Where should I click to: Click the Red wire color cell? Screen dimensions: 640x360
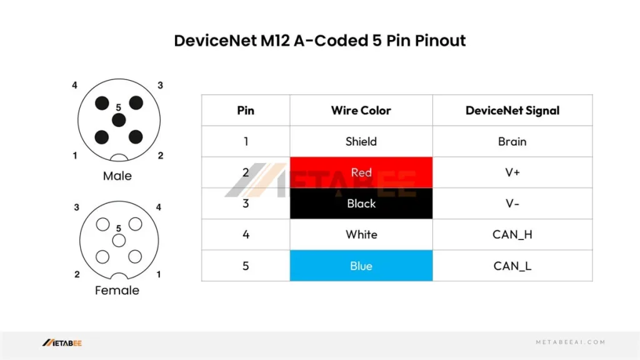[x=361, y=172]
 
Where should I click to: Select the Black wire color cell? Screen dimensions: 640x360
[x=361, y=203]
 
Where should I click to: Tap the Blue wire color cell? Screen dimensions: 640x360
[x=361, y=266]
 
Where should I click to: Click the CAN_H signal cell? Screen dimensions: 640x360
[x=512, y=234]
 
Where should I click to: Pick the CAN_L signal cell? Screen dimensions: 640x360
[x=512, y=266]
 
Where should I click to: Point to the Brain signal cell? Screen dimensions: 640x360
[x=512, y=141]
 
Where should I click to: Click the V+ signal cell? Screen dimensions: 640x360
[x=512, y=172]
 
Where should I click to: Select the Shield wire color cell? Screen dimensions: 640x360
[x=361, y=141]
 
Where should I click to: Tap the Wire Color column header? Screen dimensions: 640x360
[x=361, y=110]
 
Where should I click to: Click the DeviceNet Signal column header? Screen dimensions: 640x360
[x=512, y=110]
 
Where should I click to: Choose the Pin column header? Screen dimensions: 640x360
[x=246, y=110]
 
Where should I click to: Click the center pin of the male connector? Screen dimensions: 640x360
[x=119, y=120]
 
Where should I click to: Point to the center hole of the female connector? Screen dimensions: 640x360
[x=119, y=241]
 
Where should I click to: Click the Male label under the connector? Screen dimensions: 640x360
[x=117, y=176]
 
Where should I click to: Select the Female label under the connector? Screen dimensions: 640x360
[x=117, y=290]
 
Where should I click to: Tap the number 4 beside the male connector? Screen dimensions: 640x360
[x=74, y=85]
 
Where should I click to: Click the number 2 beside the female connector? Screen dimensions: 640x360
[x=77, y=274]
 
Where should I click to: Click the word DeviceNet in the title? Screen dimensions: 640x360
[x=215, y=41]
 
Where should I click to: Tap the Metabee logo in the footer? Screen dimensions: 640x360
[x=62, y=343]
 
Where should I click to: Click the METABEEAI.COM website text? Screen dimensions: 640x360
[x=571, y=342]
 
